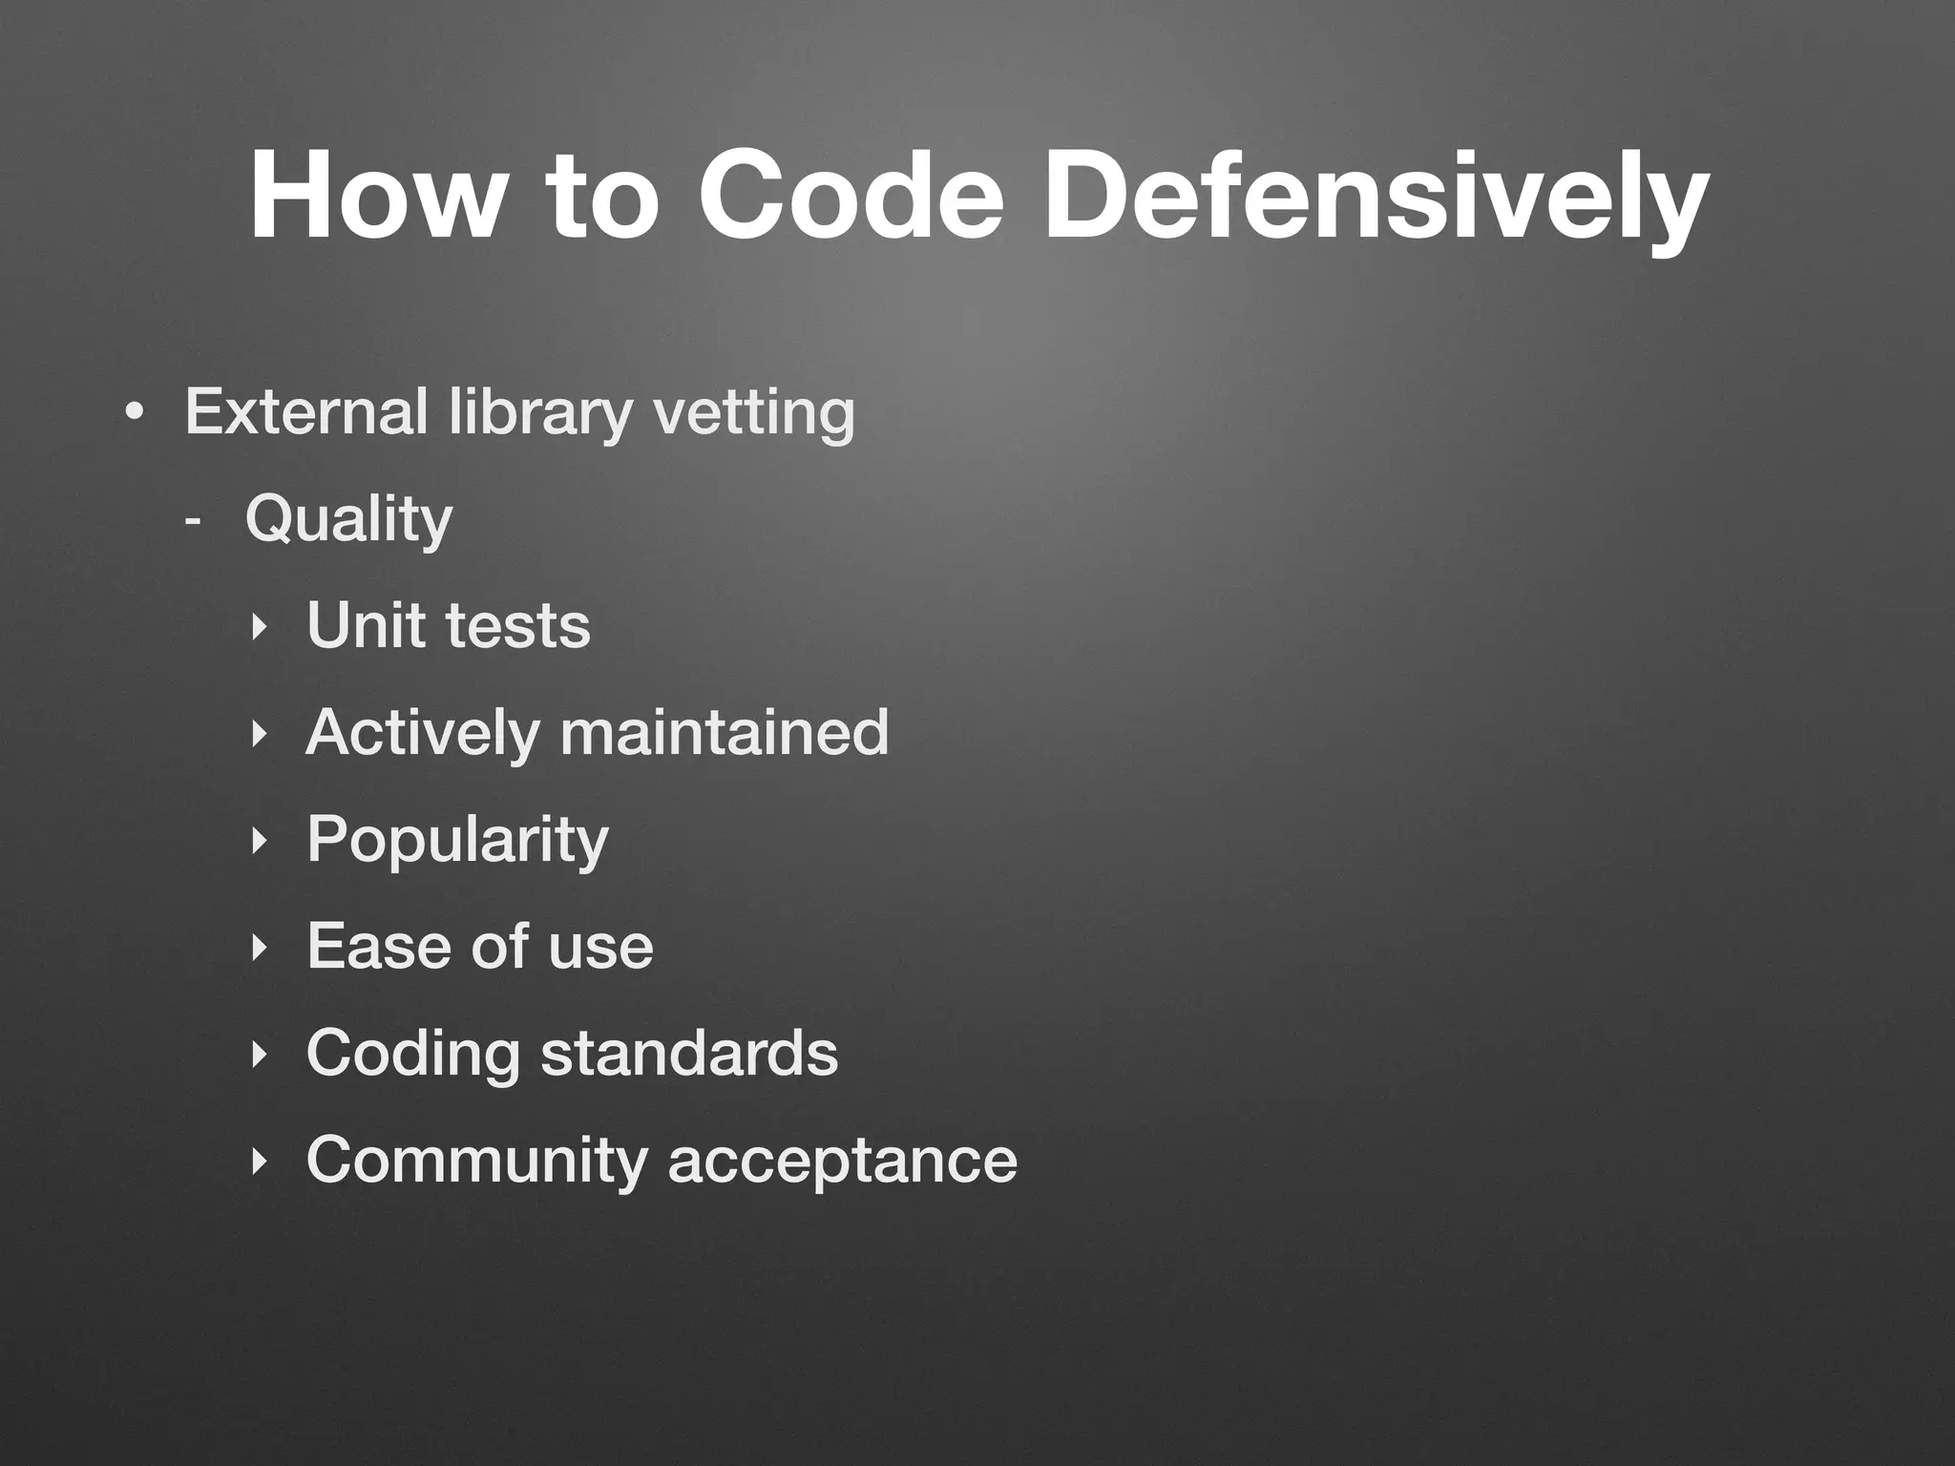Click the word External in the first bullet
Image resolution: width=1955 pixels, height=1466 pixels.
pos(305,411)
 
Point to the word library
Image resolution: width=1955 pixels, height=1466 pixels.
pos(540,411)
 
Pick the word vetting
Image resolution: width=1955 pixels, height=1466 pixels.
pos(753,411)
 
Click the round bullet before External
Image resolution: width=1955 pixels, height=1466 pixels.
pos(135,413)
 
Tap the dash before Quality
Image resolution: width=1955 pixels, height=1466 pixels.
pos(194,521)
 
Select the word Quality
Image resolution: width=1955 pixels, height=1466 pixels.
pos(348,520)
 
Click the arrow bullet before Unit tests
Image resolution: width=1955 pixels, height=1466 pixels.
pos(256,628)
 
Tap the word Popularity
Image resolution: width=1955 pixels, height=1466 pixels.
pos(457,841)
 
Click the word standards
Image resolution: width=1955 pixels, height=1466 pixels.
pos(689,1053)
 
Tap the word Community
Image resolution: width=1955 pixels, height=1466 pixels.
pos(477,1161)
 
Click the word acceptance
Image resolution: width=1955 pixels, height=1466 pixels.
pos(842,1161)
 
